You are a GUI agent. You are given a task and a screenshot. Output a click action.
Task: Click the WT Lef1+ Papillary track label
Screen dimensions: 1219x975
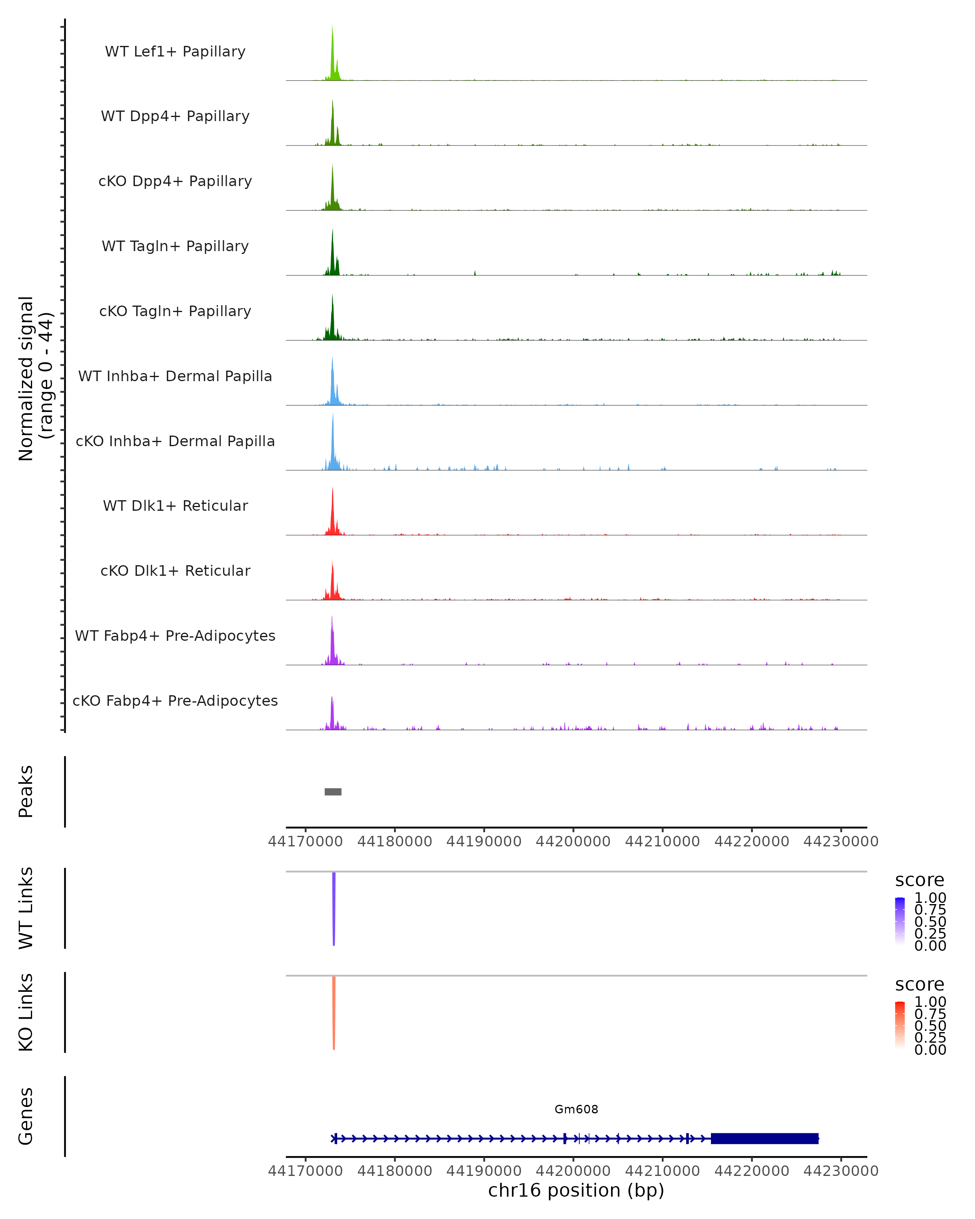[175, 52]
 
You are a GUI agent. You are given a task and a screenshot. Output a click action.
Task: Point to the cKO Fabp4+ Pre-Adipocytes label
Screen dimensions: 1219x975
[175, 701]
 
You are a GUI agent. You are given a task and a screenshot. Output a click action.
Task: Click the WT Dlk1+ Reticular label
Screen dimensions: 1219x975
[175, 505]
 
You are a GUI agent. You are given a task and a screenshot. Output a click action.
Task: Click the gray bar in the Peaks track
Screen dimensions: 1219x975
[333, 792]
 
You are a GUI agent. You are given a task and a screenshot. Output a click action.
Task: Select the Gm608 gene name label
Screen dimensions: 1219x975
[576, 1109]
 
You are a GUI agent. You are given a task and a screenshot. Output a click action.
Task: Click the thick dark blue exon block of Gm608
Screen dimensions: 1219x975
[764, 1138]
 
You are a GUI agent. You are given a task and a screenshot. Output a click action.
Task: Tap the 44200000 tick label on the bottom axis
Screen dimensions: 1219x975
[573, 1171]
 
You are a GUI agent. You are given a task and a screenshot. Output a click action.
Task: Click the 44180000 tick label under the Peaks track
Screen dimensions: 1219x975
[394, 842]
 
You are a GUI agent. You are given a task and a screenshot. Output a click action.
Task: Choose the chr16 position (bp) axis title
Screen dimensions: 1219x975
[576, 1191]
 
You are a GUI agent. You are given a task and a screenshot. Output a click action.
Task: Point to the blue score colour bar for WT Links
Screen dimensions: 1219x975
[900, 920]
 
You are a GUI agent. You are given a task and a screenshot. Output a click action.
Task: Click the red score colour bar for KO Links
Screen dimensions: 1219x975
[900, 1024]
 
